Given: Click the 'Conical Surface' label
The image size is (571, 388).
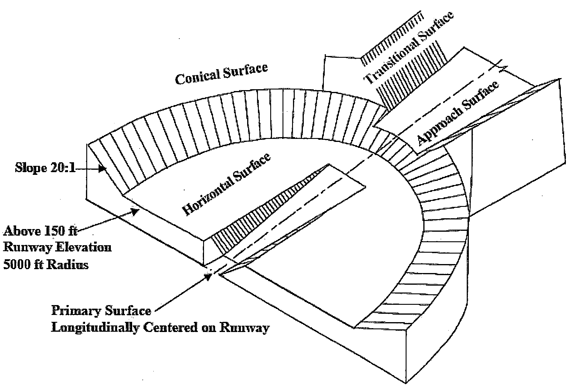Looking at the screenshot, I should click(221, 73).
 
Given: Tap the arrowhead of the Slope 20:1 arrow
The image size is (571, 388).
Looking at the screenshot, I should click(103, 169).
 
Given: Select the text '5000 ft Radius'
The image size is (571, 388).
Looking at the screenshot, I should click(46, 265).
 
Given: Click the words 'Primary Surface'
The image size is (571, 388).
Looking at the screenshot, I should click(101, 311).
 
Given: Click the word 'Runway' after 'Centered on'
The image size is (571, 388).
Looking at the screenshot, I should click(244, 327).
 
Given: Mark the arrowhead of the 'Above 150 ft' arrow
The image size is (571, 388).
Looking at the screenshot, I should click(136, 212).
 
